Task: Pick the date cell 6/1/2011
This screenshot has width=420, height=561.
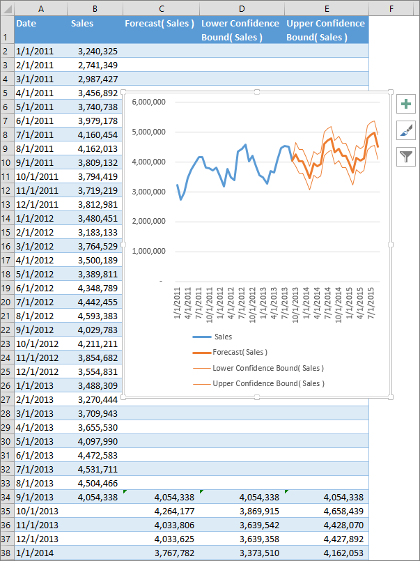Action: tap(35, 121)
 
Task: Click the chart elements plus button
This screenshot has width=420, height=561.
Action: tap(406, 105)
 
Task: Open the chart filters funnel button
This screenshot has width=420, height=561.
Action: tap(406, 157)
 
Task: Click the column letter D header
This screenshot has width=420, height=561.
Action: tap(241, 8)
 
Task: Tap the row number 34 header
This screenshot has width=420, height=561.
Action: tap(6, 497)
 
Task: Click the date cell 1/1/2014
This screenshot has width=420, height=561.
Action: tap(35, 553)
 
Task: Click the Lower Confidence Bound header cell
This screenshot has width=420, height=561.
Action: tap(241, 30)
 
